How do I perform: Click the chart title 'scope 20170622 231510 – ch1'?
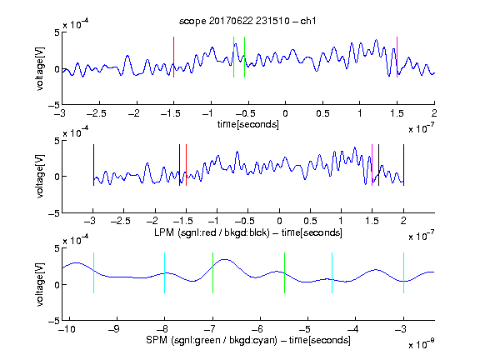click(x=247, y=21)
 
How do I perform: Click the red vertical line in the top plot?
click(x=173, y=57)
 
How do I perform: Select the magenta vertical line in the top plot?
click(x=397, y=57)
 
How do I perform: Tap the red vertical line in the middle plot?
click(x=186, y=165)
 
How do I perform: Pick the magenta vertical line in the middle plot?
click(x=372, y=165)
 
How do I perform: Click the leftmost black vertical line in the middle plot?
click(x=93, y=165)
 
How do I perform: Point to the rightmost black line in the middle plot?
click(x=403, y=165)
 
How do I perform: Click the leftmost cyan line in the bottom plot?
click(x=93, y=273)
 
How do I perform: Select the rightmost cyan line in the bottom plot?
click(x=403, y=273)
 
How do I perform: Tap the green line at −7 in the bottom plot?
click(x=212, y=273)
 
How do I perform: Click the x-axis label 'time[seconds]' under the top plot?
click(x=248, y=125)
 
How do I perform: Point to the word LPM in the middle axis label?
click(x=164, y=232)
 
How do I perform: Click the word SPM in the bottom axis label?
click(x=157, y=340)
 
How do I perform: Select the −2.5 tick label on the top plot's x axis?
click(x=96, y=113)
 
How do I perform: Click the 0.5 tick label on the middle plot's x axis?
click(x=310, y=221)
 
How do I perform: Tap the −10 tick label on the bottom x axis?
click(x=67, y=329)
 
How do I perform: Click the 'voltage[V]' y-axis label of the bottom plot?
click(x=40, y=284)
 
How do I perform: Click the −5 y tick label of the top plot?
click(x=54, y=106)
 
